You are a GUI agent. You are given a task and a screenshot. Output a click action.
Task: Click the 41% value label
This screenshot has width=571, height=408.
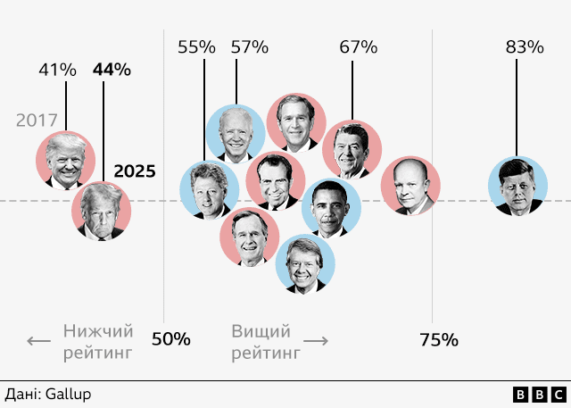pos(57,70)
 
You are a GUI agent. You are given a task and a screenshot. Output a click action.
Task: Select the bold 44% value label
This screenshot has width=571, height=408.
pos(112,70)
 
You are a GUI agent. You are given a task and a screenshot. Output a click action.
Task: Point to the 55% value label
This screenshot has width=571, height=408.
pos(196,47)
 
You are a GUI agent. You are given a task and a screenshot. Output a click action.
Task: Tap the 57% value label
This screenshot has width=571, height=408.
pos(250,47)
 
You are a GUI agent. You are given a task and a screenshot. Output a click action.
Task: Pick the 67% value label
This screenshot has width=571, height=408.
pos(359,47)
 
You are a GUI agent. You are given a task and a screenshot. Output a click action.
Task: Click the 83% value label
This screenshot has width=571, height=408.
pos(525,47)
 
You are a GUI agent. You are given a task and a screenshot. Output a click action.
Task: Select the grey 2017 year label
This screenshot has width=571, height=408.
pos(37,120)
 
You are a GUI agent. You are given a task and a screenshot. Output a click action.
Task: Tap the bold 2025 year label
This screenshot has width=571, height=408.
pos(136,171)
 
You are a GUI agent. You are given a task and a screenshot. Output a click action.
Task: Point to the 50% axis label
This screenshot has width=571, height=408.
pos(171,339)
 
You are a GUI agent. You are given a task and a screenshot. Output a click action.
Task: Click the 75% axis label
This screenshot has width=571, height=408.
pos(439,339)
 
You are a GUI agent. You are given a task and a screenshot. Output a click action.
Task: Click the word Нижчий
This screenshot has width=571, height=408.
pos(97,331)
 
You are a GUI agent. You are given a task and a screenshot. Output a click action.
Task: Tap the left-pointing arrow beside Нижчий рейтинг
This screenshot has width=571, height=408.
pos(38,341)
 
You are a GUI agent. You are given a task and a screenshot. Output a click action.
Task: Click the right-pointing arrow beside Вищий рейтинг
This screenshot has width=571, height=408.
pos(317,341)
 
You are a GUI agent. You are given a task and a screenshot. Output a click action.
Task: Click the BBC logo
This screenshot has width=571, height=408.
pos(539,394)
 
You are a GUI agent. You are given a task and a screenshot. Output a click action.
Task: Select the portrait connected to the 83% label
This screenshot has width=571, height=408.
pos(517,186)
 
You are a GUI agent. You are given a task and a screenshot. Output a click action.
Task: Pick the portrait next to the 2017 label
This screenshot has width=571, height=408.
pos(66,161)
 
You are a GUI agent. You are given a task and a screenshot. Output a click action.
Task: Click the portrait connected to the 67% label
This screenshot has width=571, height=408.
pos(352,151)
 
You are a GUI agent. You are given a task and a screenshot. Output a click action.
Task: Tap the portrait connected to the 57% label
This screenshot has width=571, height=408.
pos(236,134)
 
